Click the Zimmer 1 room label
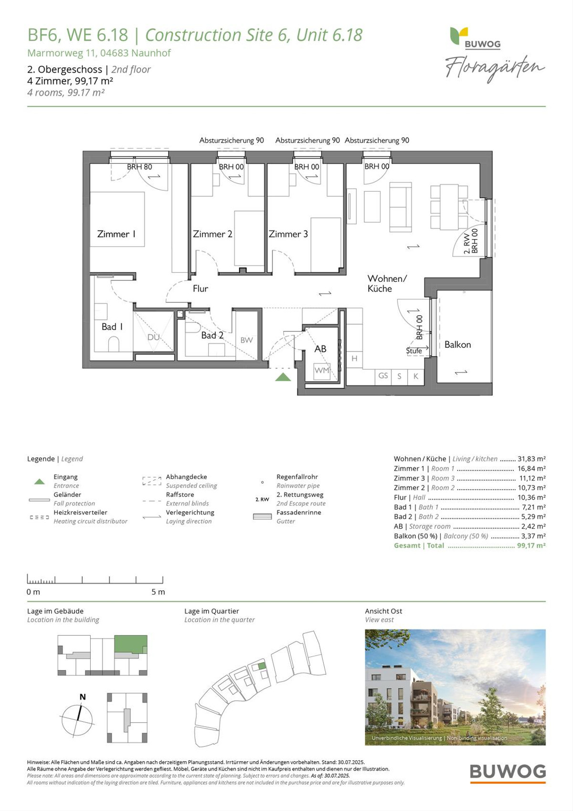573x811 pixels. tap(116, 234)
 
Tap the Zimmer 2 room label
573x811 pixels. tap(212, 234)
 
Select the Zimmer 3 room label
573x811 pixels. tap(288, 234)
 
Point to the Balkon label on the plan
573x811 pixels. tap(457, 345)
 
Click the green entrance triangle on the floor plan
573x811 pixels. tap(283, 377)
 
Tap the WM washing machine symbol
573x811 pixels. tap(322, 370)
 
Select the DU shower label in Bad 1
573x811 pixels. tap(153, 337)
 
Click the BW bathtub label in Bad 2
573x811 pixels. tap(246, 340)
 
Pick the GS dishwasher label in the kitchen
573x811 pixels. tap(383, 376)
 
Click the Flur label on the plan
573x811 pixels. tap(200, 288)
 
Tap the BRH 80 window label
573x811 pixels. tap(139, 167)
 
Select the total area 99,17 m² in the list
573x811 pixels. tap(531, 545)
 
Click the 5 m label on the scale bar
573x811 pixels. tap(158, 592)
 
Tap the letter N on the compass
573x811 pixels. tap(83, 696)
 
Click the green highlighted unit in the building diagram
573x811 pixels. tap(131, 644)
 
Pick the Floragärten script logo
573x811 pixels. tap(495, 69)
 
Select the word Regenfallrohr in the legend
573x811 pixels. tap(297, 477)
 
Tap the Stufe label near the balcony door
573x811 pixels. tap(414, 351)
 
